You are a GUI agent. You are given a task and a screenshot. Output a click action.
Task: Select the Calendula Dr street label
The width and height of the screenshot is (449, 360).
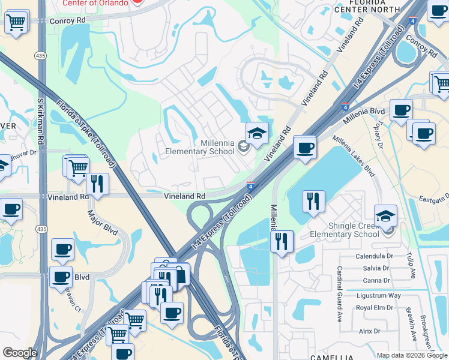[x=373, y=256]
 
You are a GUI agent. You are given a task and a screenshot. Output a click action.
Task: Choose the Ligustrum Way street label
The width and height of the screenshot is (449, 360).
[x=378, y=295]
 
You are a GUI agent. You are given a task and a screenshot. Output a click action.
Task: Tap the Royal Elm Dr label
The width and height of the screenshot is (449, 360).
[x=375, y=307]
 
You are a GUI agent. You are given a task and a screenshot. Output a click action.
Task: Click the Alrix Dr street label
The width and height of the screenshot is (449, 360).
[x=369, y=331]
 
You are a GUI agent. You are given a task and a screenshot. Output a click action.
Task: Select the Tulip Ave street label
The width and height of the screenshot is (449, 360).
[x=413, y=265]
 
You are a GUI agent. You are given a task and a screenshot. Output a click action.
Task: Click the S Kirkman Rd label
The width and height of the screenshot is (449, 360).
[x=41, y=120]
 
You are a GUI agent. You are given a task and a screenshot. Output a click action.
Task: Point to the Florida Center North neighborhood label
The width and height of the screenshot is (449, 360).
[x=366, y=6]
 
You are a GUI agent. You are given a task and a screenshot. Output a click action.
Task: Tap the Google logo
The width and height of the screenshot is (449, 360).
[x=20, y=353]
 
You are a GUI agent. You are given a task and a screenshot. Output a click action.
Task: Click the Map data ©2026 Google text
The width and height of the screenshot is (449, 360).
[x=411, y=355]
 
